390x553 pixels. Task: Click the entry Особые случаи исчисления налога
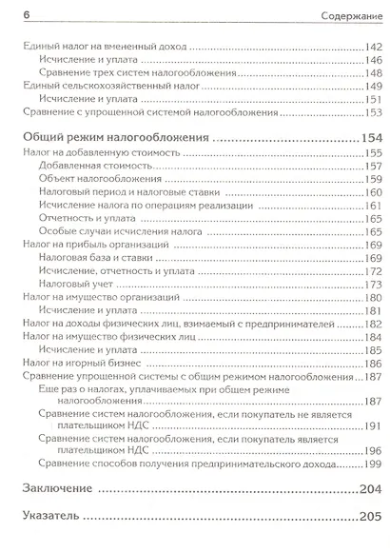tap(112, 231)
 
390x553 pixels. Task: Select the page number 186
tap(370, 364)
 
